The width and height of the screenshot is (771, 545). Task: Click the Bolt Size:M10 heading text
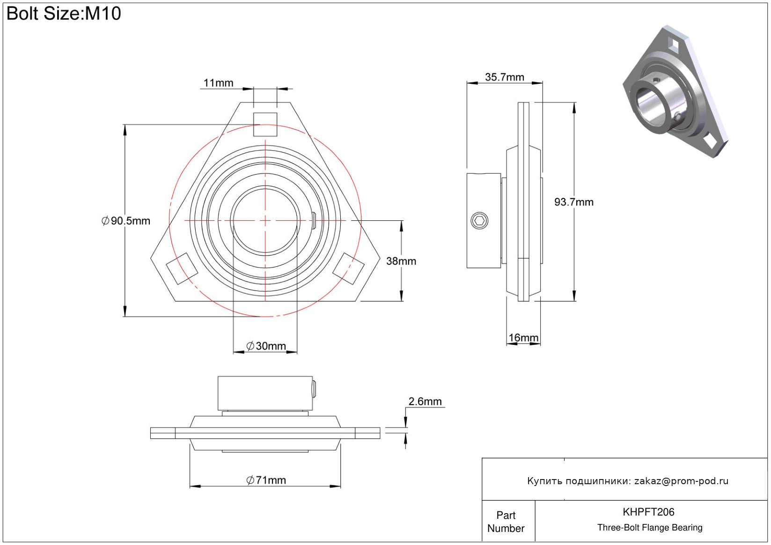[x=64, y=14]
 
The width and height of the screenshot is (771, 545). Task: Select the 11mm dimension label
[x=218, y=83]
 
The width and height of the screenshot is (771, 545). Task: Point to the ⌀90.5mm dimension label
[x=126, y=221]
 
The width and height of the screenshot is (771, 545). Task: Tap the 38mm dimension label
[x=401, y=261]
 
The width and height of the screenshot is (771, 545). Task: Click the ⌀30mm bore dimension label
[x=266, y=346]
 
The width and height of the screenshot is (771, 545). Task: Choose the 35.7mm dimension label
[x=504, y=77]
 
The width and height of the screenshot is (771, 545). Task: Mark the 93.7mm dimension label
[x=573, y=202]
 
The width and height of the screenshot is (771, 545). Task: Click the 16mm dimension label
[x=523, y=338]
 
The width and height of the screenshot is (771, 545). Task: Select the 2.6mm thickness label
[x=425, y=401]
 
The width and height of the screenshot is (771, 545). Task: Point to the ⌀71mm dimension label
[x=266, y=480]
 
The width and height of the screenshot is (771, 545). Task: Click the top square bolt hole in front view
[x=265, y=124]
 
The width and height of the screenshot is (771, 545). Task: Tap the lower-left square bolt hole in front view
[x=182, y=269]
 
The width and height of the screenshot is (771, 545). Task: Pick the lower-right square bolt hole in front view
[x=348, y=269]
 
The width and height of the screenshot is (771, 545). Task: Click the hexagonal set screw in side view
[x=479, y=221]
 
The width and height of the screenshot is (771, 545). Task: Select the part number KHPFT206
[x=648, y=512]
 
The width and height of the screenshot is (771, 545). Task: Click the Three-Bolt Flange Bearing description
[x=650, y=528]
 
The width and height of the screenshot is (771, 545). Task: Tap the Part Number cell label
[x=506, y=522]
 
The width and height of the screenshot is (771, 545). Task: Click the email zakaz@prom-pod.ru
[x=681, y=481]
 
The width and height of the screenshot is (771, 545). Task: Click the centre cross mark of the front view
[x=265, y=220]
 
